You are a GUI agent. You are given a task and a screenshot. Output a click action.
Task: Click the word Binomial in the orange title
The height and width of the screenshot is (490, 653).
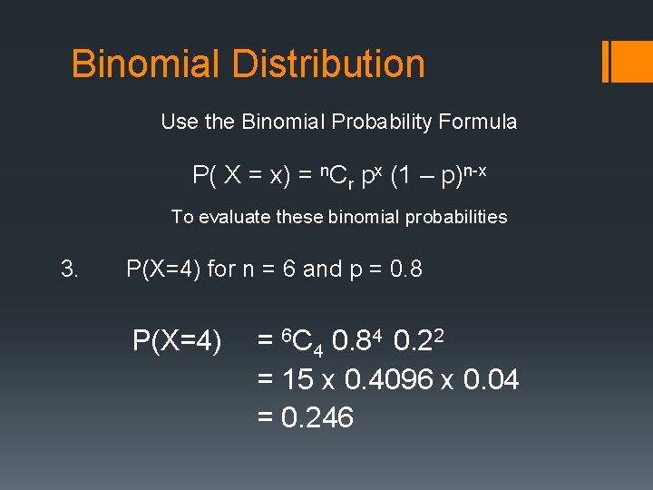(145, 64)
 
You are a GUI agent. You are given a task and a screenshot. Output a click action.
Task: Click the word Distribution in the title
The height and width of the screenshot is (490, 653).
(328, 64)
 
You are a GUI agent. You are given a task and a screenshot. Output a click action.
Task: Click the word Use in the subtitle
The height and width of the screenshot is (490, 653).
(177, 122)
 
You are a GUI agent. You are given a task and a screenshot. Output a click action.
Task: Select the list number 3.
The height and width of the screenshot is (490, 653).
(69, 269)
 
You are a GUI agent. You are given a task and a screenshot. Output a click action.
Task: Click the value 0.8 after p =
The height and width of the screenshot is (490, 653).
(404, 269)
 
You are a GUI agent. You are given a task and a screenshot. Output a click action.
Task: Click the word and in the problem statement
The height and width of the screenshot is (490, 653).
(322, 269)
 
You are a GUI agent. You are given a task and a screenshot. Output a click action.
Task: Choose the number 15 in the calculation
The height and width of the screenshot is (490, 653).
(298, 380)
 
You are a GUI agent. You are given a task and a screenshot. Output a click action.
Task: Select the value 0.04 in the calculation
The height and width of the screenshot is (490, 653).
(491, 380)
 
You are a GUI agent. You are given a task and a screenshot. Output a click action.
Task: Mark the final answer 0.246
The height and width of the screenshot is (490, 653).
(317, 417)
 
